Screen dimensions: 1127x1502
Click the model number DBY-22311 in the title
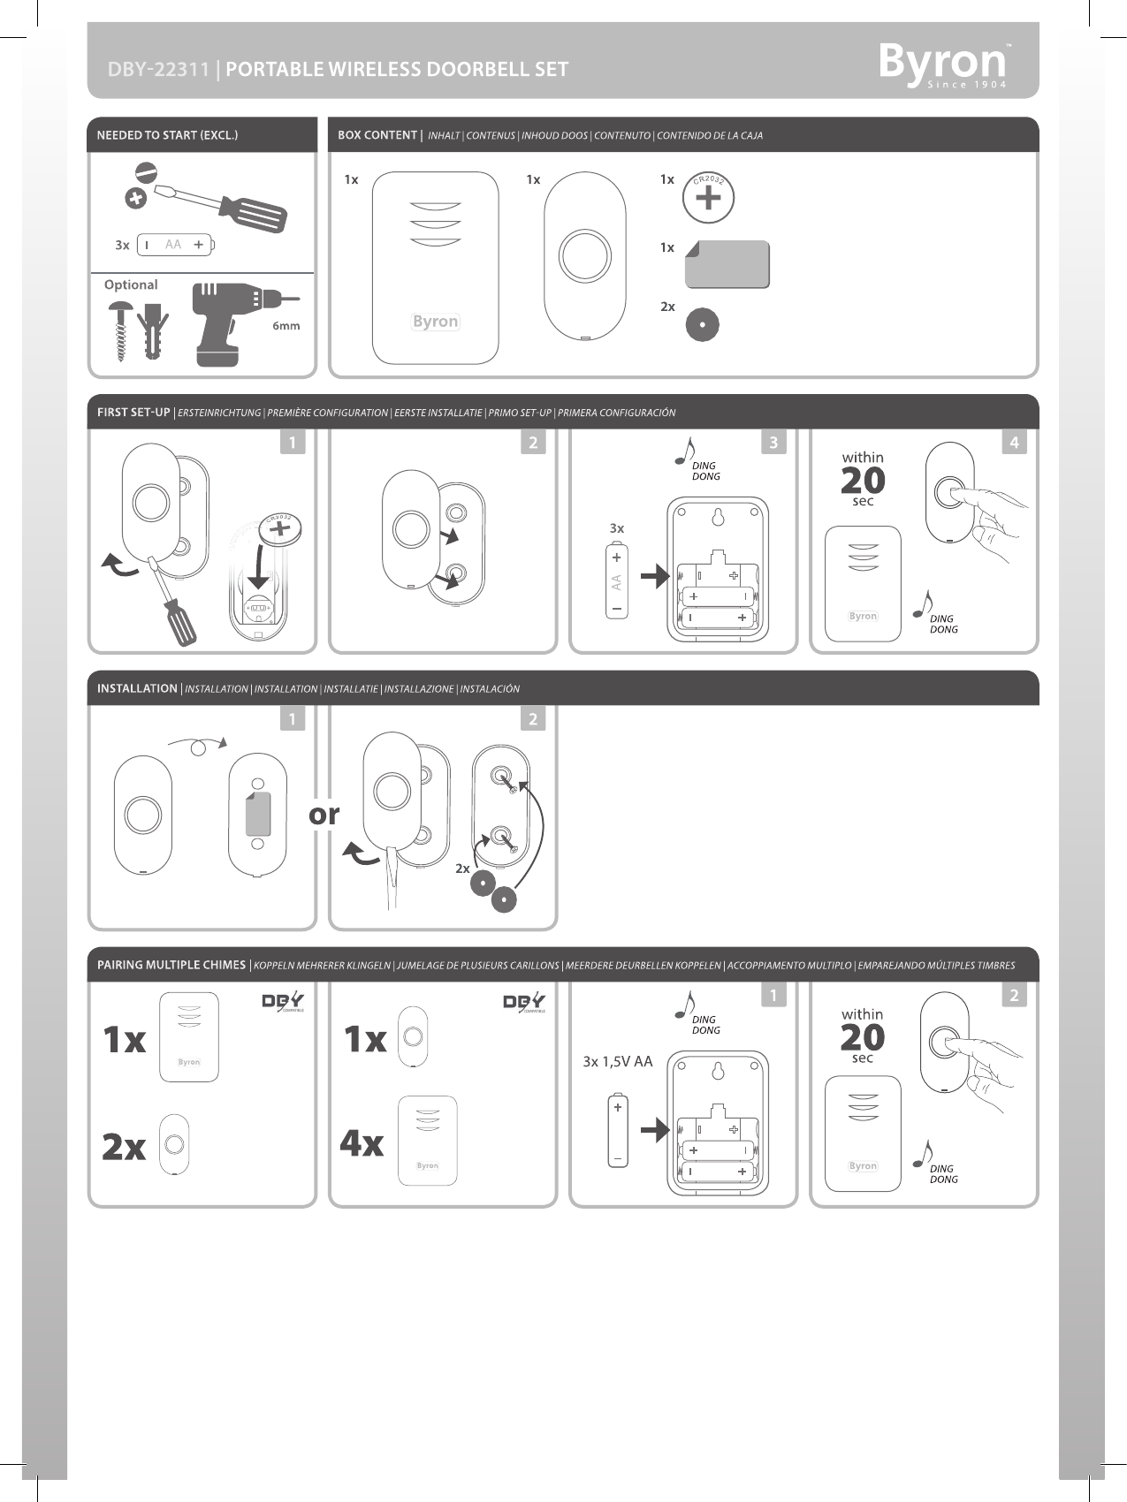point(158,70)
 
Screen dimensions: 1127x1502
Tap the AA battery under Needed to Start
point(175,245)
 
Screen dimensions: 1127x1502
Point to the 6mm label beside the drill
point(286,326)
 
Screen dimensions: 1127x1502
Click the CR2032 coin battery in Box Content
point(708,197)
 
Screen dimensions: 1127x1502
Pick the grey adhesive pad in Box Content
point(727,265)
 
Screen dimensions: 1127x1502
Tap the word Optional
point(131,284)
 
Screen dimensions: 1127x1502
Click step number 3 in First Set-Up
point(773,443)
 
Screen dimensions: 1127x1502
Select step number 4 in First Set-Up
point(1014,443)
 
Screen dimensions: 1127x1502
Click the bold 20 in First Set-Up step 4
point(863,481)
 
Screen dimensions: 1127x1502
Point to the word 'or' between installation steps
point(324,814)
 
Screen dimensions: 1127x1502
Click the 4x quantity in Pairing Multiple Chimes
point(362,1143)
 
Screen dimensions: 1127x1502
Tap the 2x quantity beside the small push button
point(124,1146)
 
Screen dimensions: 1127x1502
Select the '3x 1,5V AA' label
point(618,1061)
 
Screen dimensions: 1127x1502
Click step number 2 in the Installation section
point(533,719)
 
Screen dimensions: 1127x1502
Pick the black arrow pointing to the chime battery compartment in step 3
point(655,578)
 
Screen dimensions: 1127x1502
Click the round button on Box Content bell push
point(584,256)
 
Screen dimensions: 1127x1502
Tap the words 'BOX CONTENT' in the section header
point(377,135)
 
